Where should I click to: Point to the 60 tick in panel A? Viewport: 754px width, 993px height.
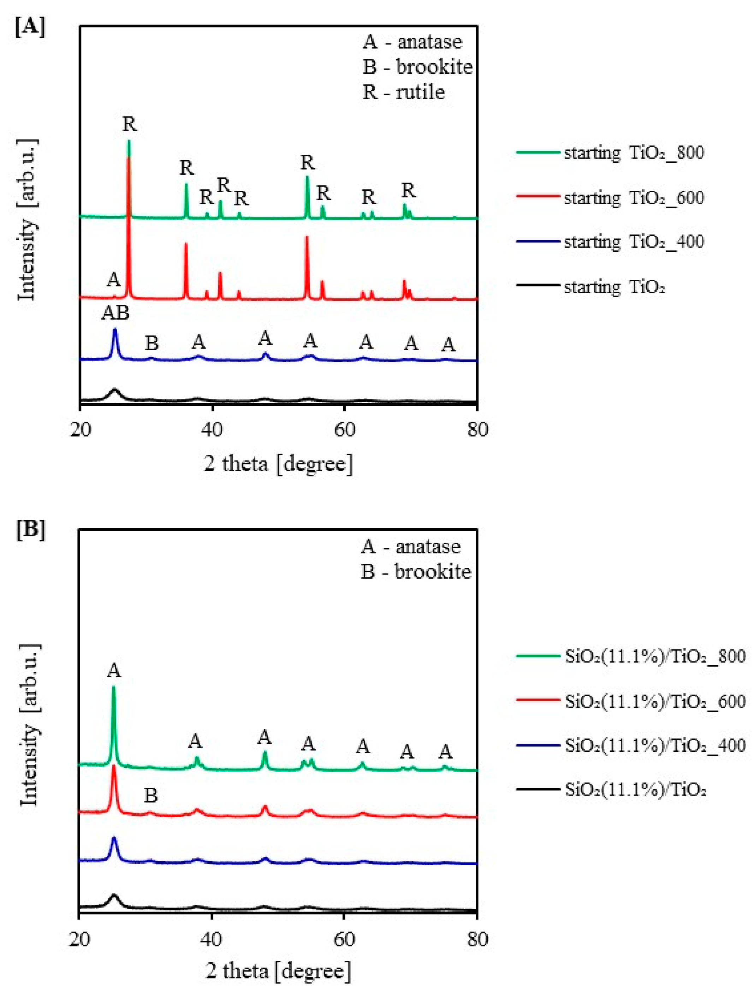coord(344,429)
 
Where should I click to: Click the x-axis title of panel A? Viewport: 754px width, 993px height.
coord(278,464)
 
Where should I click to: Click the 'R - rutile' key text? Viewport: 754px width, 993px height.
coord(404,92)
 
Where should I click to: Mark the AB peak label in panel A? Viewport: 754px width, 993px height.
coord(115,313)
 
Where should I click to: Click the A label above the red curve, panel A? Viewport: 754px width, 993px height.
coord(114,280)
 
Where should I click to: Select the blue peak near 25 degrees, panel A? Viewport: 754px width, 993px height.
coord(115,331)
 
